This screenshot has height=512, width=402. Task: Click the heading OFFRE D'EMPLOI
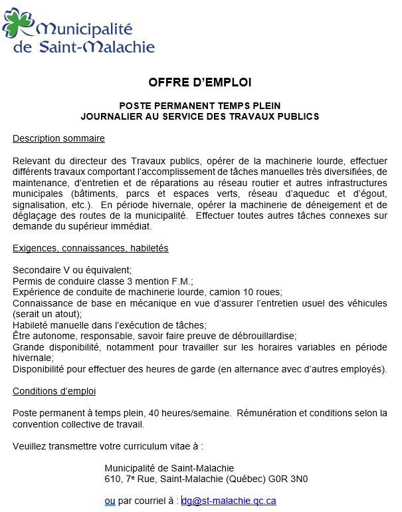tap(200, 82)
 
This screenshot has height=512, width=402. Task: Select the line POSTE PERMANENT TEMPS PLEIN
tap(200, 106)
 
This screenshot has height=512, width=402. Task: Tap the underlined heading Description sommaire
tap(58, 139)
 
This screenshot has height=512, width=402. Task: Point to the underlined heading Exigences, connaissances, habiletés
tap(90, 248)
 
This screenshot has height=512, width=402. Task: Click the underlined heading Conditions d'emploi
tap(54, 391)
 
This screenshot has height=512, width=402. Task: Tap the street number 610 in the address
tap(112, 479)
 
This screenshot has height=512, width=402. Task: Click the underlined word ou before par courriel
tap(110, 501)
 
